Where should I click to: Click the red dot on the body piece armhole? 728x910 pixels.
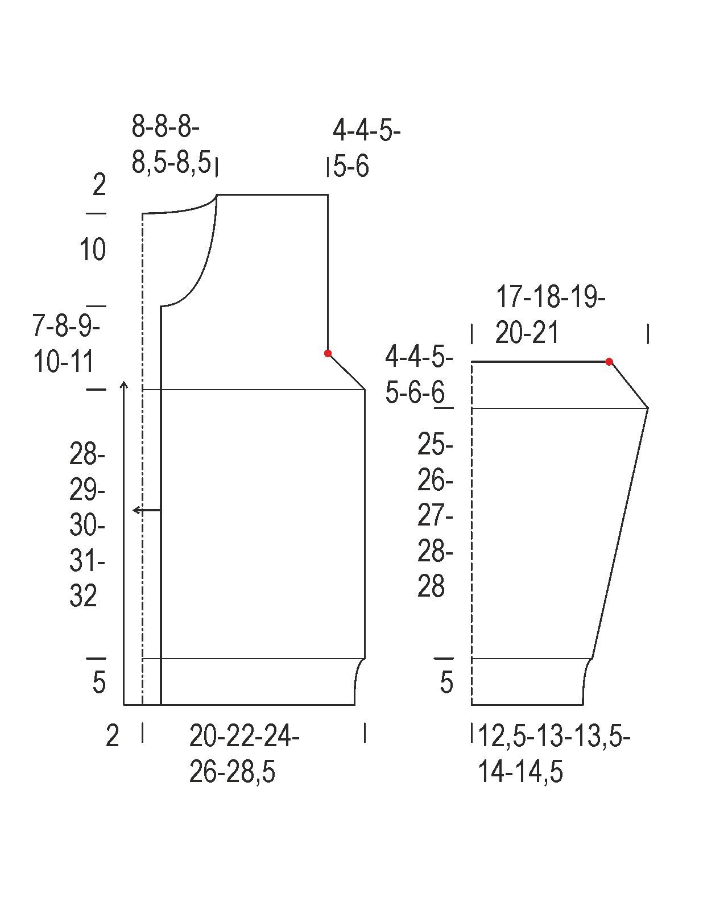pyautogui.click(x=328, y=353)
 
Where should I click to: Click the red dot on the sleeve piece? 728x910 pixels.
pyautogui.click(x=609, y=362)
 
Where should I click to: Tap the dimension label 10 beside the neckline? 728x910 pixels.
pyautogui.click(x=92, y=250)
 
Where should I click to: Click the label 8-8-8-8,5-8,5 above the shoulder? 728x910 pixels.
pyautogui.click(x=171, y=144)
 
